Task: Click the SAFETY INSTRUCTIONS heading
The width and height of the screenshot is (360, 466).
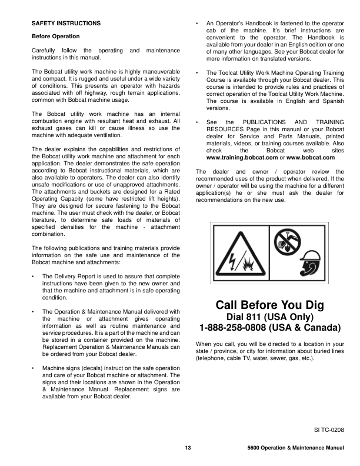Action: (66, 23)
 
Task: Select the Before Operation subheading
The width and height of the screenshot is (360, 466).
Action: (55, 36)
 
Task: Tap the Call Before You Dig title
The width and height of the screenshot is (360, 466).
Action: (270, 305)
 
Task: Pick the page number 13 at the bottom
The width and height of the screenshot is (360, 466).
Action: (188, 449)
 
